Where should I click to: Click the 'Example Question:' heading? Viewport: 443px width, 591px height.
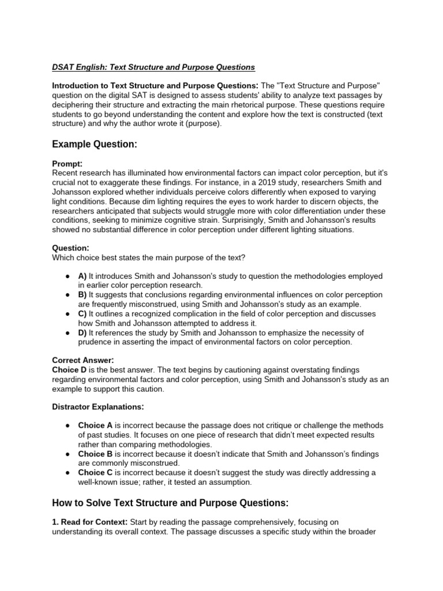[x=95, y=144]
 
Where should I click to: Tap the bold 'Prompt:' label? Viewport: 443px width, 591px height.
[x=67, y=164]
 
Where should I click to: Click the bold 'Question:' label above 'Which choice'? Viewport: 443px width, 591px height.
[x=70, y=248]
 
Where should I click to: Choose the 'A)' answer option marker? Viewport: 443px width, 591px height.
[x=83, y=276]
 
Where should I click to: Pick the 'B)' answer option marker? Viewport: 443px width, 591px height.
[x=83, y=295]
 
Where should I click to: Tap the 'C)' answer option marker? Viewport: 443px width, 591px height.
[x=83, y=313]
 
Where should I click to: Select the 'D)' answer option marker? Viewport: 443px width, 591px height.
[x=83, y=332]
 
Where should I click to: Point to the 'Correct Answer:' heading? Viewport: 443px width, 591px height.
[x=83, y=360]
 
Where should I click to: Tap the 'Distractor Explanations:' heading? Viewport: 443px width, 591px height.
[x=97, y=406]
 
